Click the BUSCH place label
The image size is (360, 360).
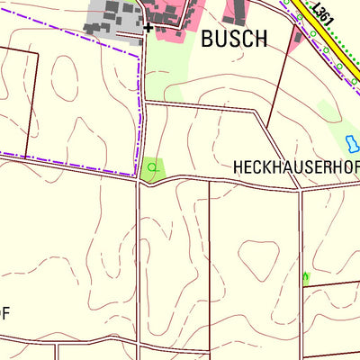tap(234, 39)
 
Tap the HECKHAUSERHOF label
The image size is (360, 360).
tap(296, 167)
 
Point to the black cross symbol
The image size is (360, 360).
tap(148, 28)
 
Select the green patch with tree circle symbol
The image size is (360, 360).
tap(154, 167)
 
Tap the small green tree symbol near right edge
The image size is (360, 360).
tap(306, 278)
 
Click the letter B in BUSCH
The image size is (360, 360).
tap(208, 39)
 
